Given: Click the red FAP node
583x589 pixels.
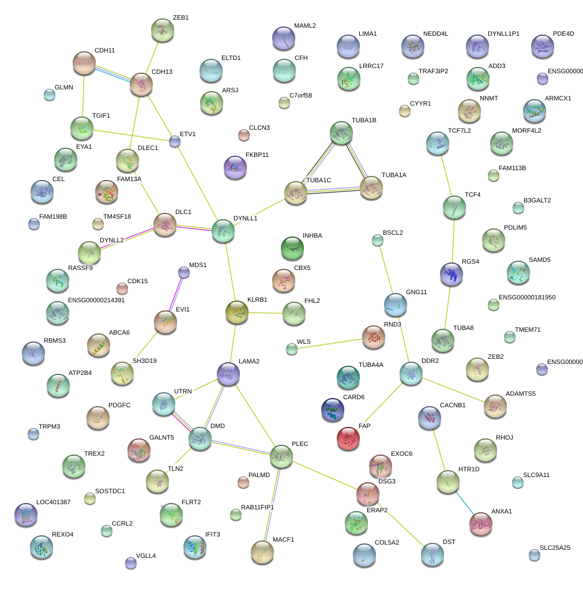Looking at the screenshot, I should coord(348,438).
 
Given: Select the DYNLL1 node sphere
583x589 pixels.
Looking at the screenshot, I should coord(223,231).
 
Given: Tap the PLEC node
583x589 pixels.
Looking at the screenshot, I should coord(281,456).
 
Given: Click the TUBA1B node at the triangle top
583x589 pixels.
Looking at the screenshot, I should coord(341,133).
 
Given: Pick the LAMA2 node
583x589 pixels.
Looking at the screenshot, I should coord(228,374).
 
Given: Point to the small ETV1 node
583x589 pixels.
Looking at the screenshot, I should coord(175,141).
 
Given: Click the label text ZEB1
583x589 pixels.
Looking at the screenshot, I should coord(180,18).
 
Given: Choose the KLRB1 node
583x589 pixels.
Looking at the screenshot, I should coord(237,312).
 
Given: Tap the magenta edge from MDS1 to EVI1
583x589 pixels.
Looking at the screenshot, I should coord(175,291).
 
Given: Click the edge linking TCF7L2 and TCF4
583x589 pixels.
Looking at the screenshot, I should coord(446,175).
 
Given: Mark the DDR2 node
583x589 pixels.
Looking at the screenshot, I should coord(411,374).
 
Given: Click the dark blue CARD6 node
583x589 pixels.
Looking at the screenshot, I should coord(333,410).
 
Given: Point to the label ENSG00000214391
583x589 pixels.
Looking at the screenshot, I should coord(96,300).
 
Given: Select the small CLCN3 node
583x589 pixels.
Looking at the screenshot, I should coord(244,136).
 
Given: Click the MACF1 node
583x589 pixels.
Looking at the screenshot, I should coord(262,553).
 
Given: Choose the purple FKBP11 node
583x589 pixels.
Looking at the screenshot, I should coord(235,167).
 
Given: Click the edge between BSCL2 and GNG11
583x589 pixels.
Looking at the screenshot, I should coord(386,269).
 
